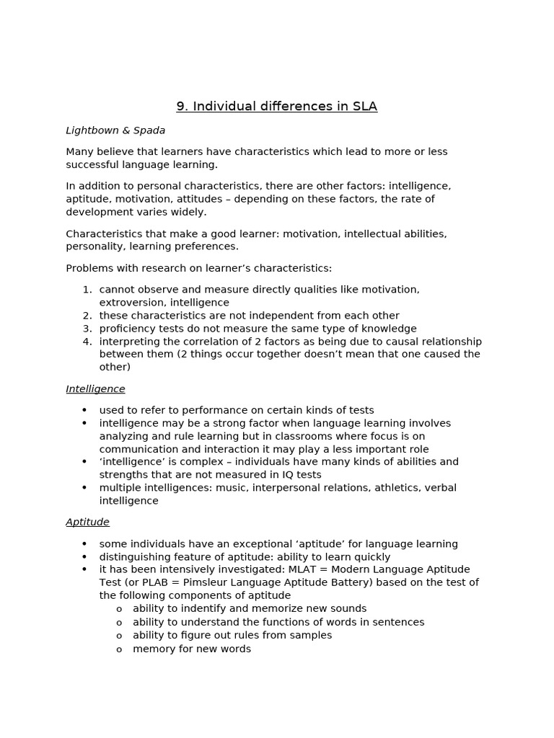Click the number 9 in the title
(181, 107)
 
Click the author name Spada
(149, 130)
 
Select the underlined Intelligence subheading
(95, 389)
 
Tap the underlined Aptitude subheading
(87, 522)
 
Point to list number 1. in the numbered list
(87, 290)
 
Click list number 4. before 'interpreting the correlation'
(87, 342)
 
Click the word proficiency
(127, 329)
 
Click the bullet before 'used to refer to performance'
(84, 411)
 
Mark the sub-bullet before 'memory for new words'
(119, 649)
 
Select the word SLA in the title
(364, 107)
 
